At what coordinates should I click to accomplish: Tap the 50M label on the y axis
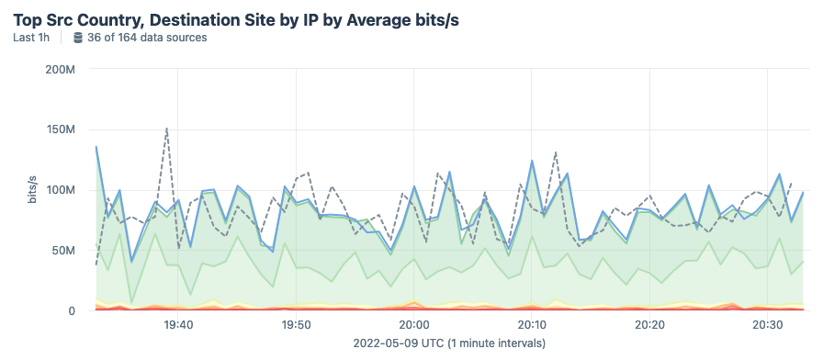pos(73,251)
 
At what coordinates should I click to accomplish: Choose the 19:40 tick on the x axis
pos(178,325)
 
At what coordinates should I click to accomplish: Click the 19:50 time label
pos(296,325)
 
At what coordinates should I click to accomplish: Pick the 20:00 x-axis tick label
pos(414,325)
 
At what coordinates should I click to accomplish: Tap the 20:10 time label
pos(532,325)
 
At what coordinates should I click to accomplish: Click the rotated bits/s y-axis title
pos(32,189)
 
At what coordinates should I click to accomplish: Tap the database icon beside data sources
pos(77,38)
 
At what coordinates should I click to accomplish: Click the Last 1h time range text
pos(32,38)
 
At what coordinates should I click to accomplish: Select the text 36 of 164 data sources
pos(147,38)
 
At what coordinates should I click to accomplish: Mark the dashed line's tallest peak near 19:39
pos(166,129)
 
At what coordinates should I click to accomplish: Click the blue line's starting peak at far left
pos(96,146)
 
